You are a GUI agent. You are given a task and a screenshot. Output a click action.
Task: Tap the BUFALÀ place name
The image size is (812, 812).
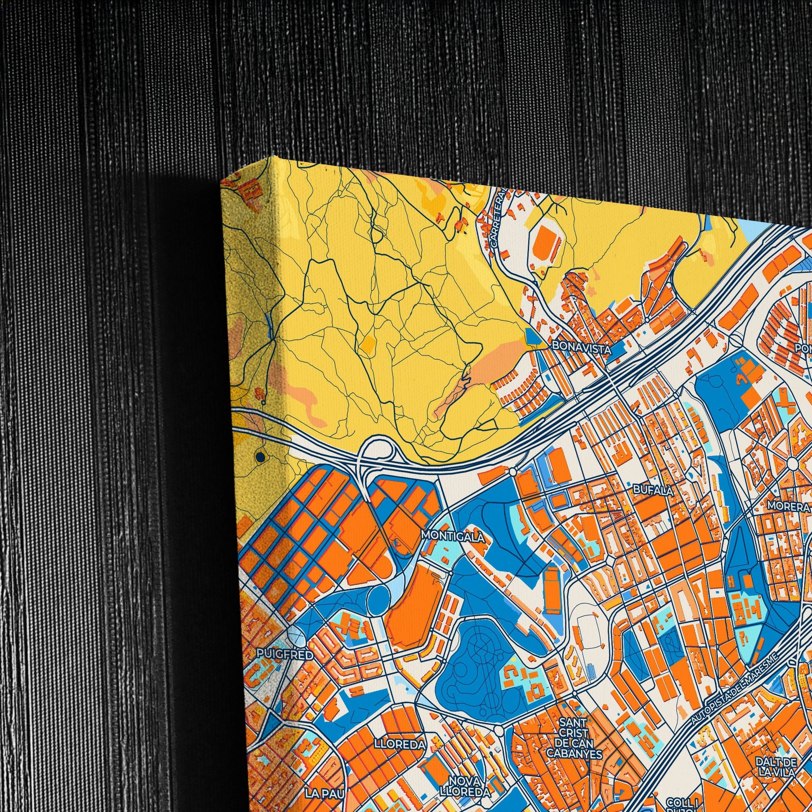(x=653, y=489)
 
